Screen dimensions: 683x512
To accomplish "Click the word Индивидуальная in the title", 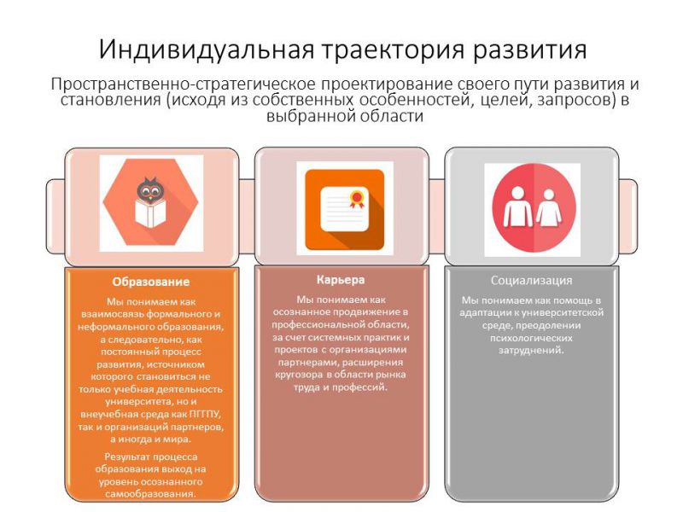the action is (206, 50).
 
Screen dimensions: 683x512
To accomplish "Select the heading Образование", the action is (151, 282).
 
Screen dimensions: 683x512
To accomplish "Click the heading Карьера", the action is (341, 280).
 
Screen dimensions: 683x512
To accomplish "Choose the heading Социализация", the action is (531, 281).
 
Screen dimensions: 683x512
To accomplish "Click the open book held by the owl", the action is (149, 212).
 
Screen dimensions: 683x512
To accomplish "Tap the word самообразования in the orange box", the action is (151, 495).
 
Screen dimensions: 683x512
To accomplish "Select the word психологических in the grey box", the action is (531, 338).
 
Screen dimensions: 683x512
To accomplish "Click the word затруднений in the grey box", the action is (531, 351).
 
